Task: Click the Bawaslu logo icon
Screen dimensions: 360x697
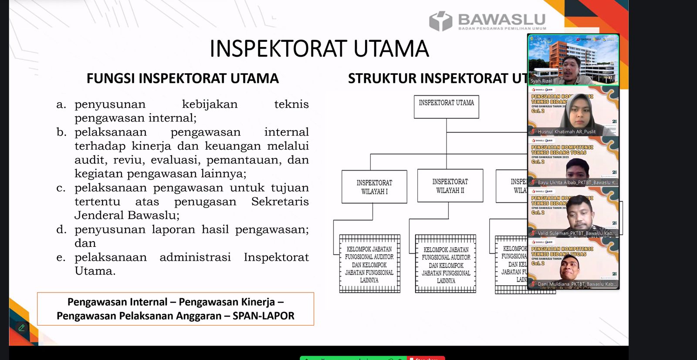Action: pyautogui.click(x=440, y=21)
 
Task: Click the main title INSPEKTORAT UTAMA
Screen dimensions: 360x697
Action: pyautogui.click(x=319, y=49)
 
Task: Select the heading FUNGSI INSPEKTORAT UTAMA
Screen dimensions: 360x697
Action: pyautogui.click(x=183, y=78)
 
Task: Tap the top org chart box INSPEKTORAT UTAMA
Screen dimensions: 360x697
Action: pyautogui.click(x=446, y=107)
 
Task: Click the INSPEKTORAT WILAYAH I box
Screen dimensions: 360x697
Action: pyautogui.click(x=374, y=187)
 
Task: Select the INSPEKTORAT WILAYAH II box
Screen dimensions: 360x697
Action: pyautogui.click(x=450, y=186)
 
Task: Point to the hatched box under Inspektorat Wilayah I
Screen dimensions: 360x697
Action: pyautogui.click(x=369, y=264)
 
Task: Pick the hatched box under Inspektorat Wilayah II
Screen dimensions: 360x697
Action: pyautogui.click(x=446, y=264)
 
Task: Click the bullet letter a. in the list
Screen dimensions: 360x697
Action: pyautogui.click(x=61, y=104)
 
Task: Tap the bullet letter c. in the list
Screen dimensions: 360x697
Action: pyautogui.click(x=61, y=188)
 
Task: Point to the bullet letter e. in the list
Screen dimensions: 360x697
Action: pyautogui.click(x=61, y=258)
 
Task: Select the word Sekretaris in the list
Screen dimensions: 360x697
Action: pyautogui.click(x=280, y=202)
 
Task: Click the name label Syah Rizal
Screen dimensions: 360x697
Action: pyautogui.click(x=541, y=81)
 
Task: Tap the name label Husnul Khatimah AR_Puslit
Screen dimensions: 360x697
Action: pyautogui.click(x=566, y=131)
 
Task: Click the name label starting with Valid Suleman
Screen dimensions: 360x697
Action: pyautogui.click(x=575, y=233)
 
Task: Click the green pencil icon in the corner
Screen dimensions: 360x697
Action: pyautogui.click(x=21, y=328)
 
